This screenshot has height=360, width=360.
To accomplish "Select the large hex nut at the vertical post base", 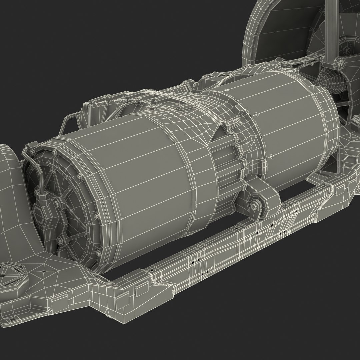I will (x=337, y=62).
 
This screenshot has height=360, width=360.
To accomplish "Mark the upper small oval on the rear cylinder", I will (x=257, y=114).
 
